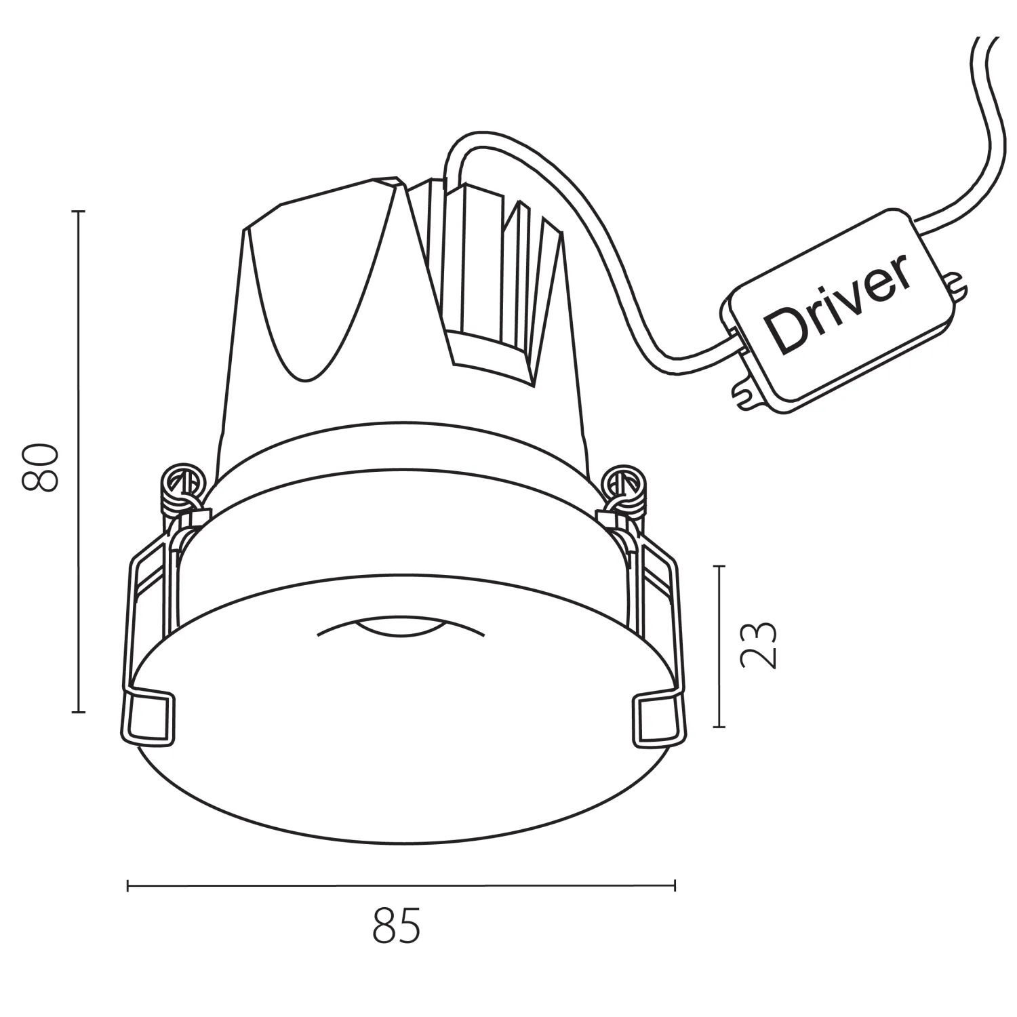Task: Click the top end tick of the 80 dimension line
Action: pos(79,212)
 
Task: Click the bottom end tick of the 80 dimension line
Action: pos(79,712)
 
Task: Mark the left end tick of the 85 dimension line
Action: pos(128,885)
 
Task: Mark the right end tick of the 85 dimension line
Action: pos(674,885)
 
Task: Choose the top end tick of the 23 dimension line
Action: pos(719,565)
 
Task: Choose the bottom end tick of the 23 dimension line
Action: pos(719,727)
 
